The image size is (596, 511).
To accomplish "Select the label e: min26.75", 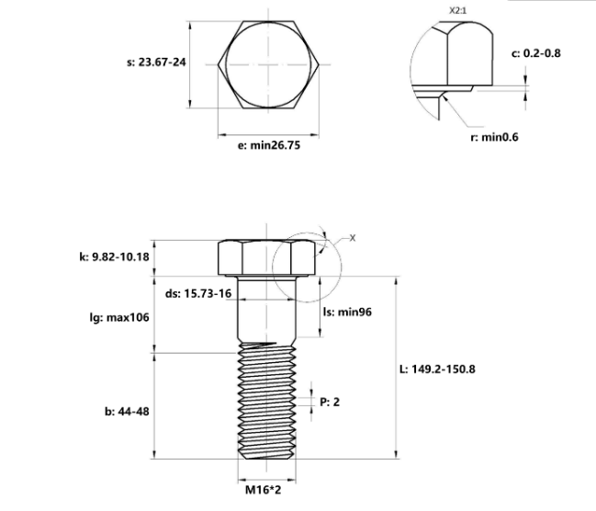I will pos(264,145).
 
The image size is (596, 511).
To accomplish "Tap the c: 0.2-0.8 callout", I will pos(535,53).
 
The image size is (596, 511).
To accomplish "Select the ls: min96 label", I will pos(347,311).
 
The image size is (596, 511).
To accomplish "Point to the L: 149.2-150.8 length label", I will pos(437,369).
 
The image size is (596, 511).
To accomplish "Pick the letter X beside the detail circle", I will pos(353,238).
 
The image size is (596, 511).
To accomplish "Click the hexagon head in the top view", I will pos(263,64).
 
